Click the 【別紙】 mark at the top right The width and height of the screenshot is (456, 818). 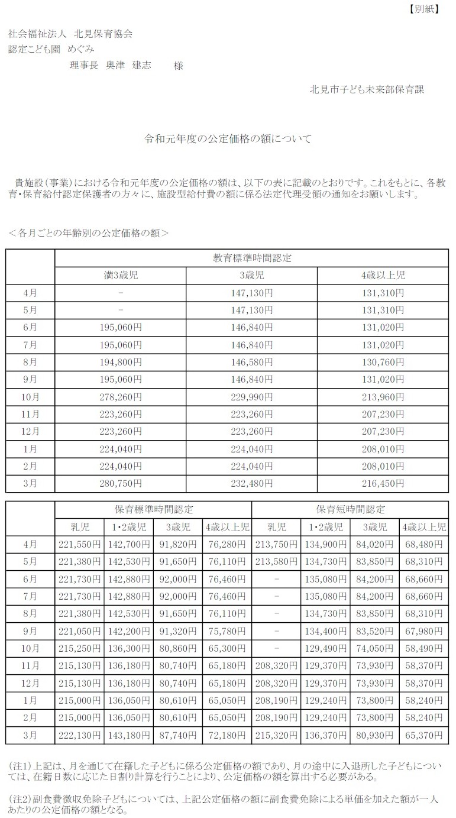(x=423, y=9)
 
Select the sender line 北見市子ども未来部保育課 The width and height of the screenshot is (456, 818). (x=367, y=89)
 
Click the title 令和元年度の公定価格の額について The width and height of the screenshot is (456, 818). (x=228, y=140)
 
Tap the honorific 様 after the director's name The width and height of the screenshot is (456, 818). (x=178, y=66)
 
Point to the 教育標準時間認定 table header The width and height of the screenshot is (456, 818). (x=251, y=258)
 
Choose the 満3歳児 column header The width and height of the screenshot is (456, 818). (x=120, y=275)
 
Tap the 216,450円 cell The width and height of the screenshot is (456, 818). (x=383, y=483)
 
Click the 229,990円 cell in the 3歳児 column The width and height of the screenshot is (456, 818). (x=251, y=396)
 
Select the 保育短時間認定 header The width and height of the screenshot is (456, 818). (x=350, y=509)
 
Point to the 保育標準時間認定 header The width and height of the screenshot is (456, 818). (x=153, y=509)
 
